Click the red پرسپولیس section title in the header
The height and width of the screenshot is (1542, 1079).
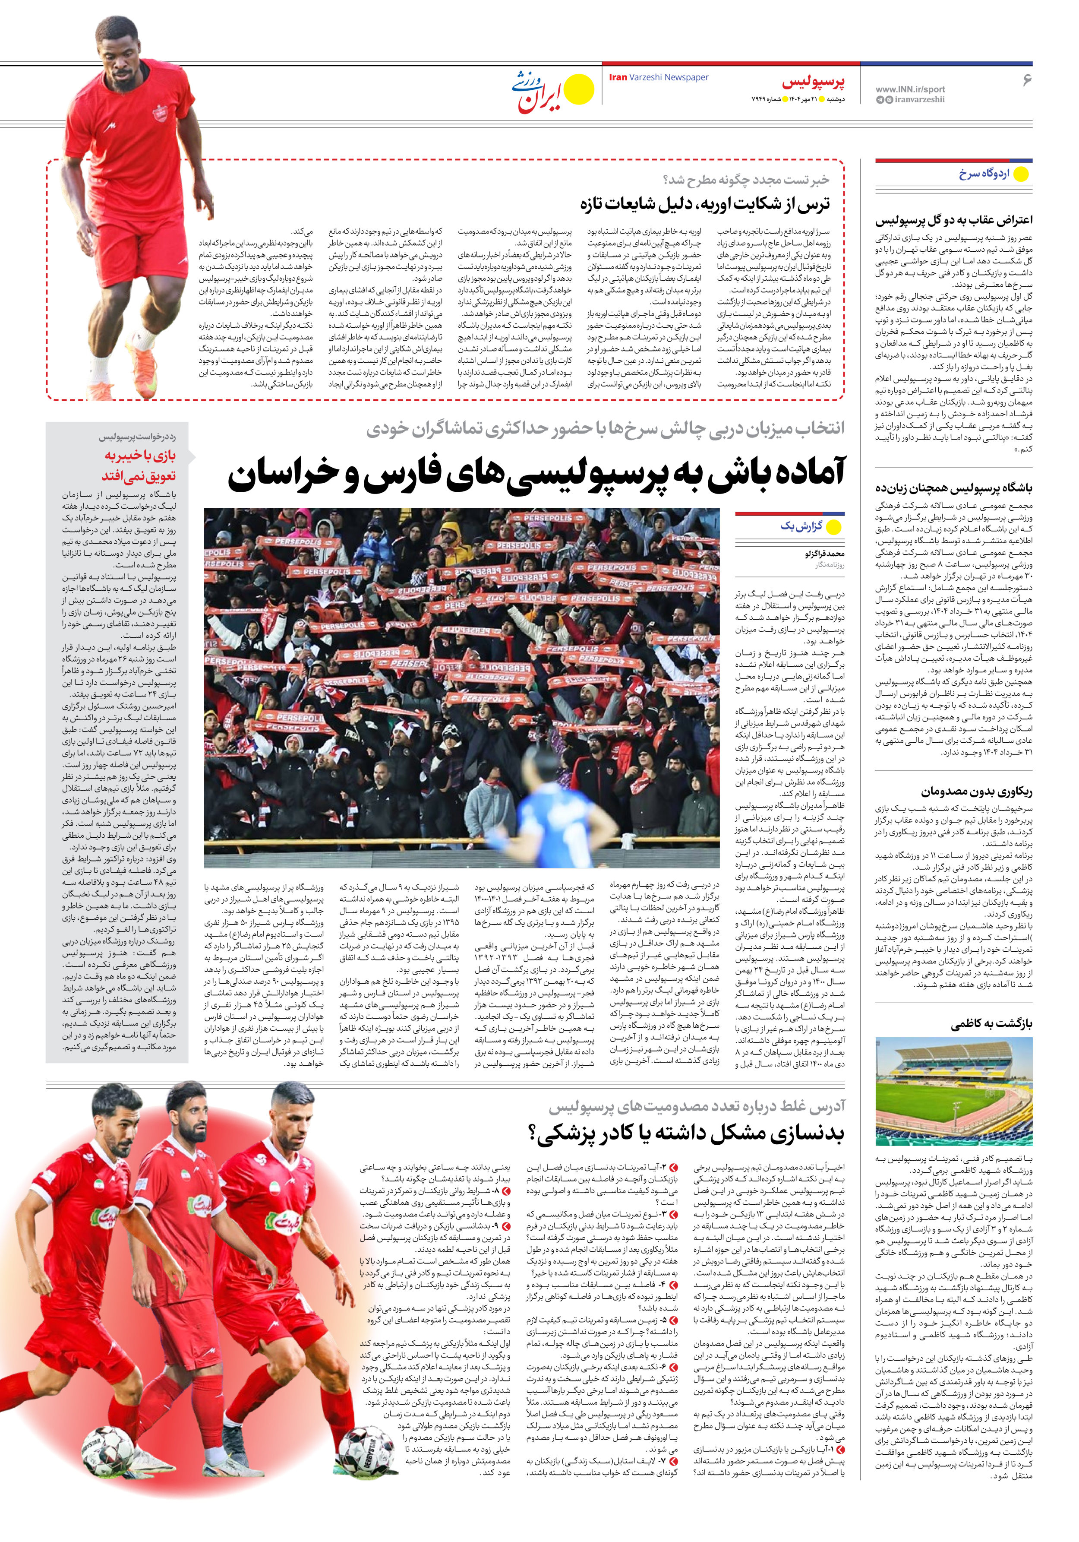click(812, 82)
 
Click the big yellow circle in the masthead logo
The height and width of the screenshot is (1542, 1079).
click(579, 89)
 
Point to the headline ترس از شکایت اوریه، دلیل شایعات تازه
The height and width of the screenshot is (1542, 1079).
click(704, 203)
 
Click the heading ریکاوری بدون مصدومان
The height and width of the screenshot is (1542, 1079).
click(977, 791)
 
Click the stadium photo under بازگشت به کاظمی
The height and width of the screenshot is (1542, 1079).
click(953, 1091)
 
